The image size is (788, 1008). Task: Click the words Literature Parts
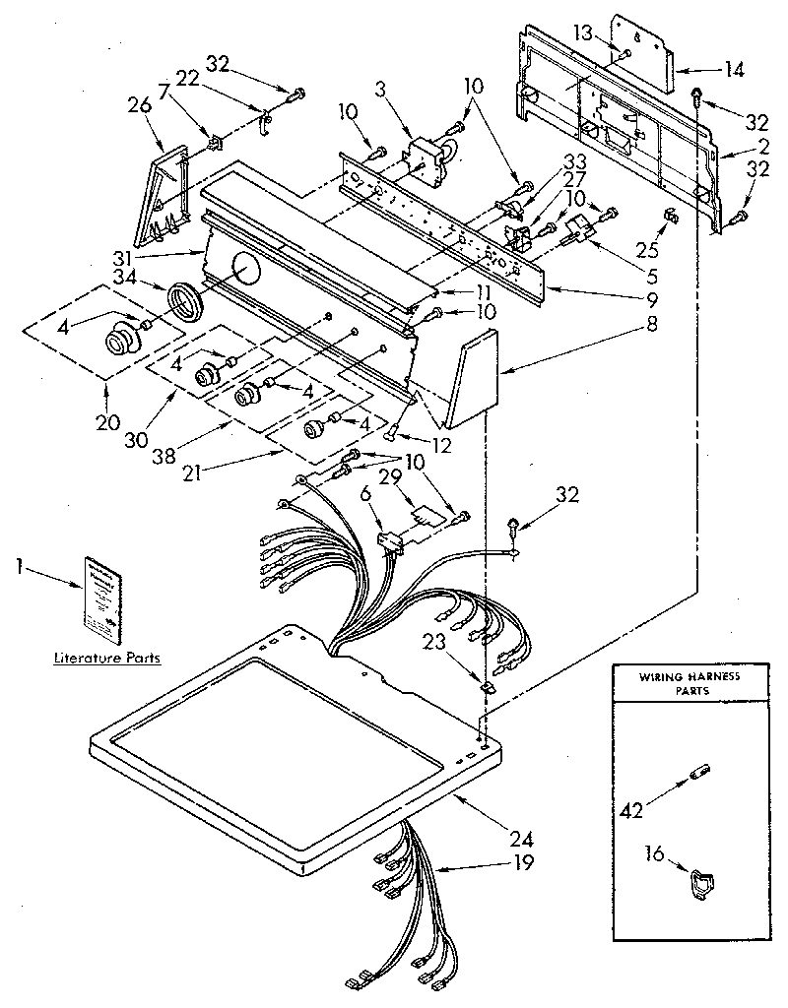pos(107,658)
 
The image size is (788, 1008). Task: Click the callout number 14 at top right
pos(734,69)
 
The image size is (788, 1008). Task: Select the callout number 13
pos(583,33)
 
